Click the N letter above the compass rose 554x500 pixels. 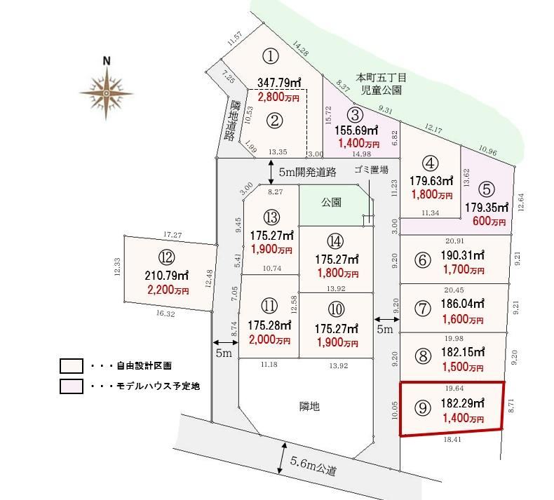107,61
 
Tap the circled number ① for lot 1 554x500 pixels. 271,56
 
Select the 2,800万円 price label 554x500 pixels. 278,97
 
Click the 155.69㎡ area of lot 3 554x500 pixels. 356,130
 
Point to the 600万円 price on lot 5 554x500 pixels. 489,221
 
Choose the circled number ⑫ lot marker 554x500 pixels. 167,257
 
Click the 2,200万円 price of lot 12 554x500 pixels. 168,290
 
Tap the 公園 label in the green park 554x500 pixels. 331,202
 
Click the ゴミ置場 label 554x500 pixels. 372,170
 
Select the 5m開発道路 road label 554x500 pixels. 307,172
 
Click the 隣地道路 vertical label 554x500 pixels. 231,121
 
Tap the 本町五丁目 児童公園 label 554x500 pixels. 381,83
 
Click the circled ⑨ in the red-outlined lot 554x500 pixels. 423,408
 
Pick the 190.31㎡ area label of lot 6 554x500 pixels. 462,255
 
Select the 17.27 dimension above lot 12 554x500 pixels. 173,235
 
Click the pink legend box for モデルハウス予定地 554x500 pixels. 72,386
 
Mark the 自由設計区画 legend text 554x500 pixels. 144,366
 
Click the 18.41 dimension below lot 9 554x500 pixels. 452,440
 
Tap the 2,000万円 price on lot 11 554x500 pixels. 269,340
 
